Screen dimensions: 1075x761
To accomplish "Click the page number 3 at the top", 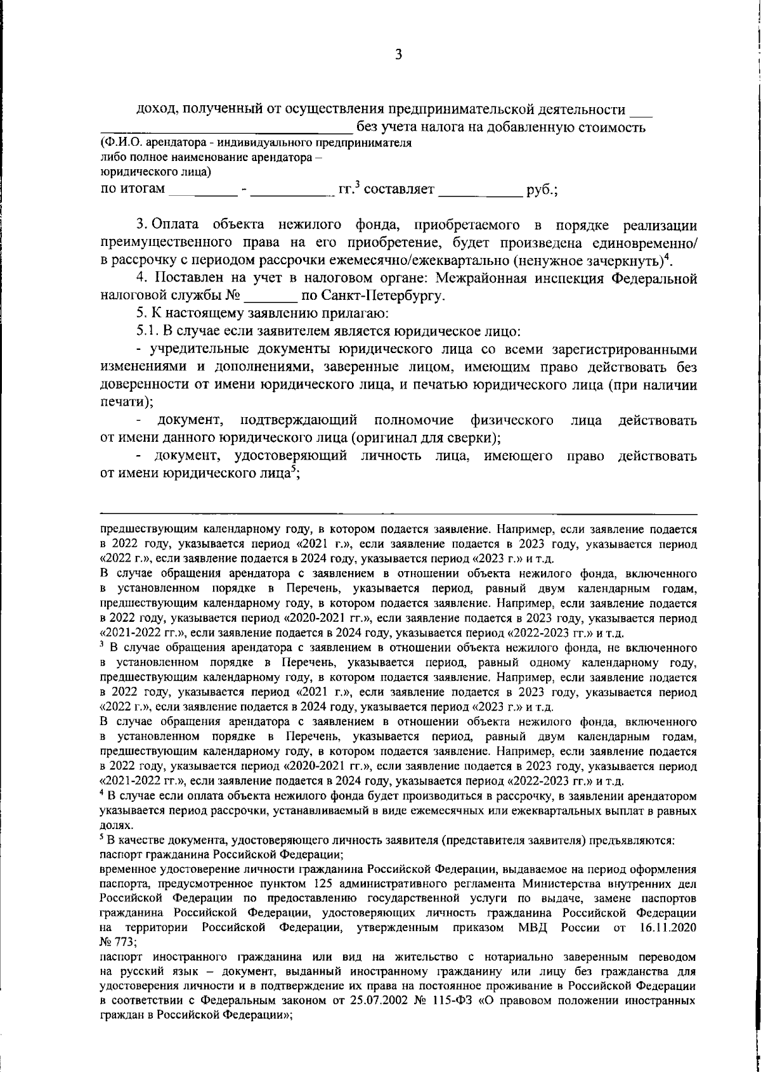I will (399, 55).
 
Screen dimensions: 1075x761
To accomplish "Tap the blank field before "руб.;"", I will (480, 190).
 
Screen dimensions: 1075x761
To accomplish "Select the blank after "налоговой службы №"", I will (271, 295).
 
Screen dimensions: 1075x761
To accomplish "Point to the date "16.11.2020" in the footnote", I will (669, 928).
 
